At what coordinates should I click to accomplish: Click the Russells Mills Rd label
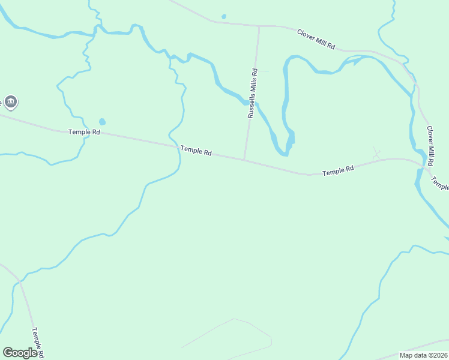(253, 93)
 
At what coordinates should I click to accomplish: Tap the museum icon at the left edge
(10, 101)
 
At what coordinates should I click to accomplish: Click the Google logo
(20, 353)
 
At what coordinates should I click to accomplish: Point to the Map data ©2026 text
(423, 355)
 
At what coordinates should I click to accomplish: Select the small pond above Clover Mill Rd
(224, 16)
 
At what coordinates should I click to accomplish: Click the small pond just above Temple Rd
(101, 122)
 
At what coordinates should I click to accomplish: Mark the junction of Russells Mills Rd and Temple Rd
(244, 160)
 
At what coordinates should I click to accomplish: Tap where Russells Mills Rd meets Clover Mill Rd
(259, 26)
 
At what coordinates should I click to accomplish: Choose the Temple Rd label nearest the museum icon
(84, 131)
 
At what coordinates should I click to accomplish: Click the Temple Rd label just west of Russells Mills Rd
(196, 151)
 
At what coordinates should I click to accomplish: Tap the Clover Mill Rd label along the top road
(316, 39)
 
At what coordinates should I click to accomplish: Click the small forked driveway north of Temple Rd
(376, 154)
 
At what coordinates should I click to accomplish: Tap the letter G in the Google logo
(8, 353)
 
